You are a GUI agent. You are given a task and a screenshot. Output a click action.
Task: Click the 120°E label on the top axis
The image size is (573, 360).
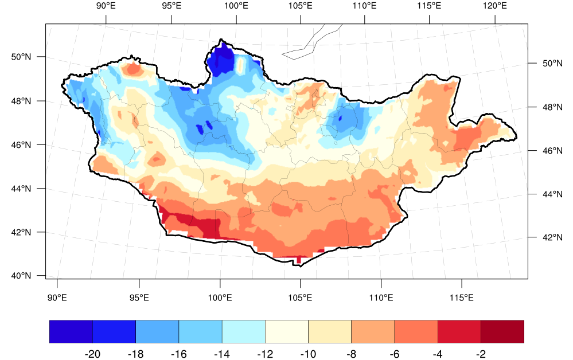(494, 6)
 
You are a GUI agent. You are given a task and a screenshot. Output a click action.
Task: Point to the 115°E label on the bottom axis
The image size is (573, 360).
(462, 298)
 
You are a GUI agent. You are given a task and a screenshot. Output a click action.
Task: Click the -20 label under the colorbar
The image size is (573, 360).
(92, 354)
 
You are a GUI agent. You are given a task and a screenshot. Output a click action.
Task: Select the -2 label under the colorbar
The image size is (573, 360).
(481, 354)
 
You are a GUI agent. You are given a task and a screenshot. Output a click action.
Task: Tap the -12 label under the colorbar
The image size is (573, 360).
(265, 354)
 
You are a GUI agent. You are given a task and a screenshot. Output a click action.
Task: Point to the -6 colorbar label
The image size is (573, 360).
(395, 354)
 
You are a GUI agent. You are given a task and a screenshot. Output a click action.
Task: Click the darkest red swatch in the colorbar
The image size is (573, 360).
(502, 331)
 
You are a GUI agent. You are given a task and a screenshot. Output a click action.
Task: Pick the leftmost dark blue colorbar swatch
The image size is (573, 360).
(71, 331)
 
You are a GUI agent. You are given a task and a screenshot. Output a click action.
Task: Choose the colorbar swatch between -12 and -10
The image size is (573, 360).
(287, 331)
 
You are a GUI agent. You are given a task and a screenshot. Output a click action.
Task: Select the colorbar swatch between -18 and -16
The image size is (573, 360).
(157, 331)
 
